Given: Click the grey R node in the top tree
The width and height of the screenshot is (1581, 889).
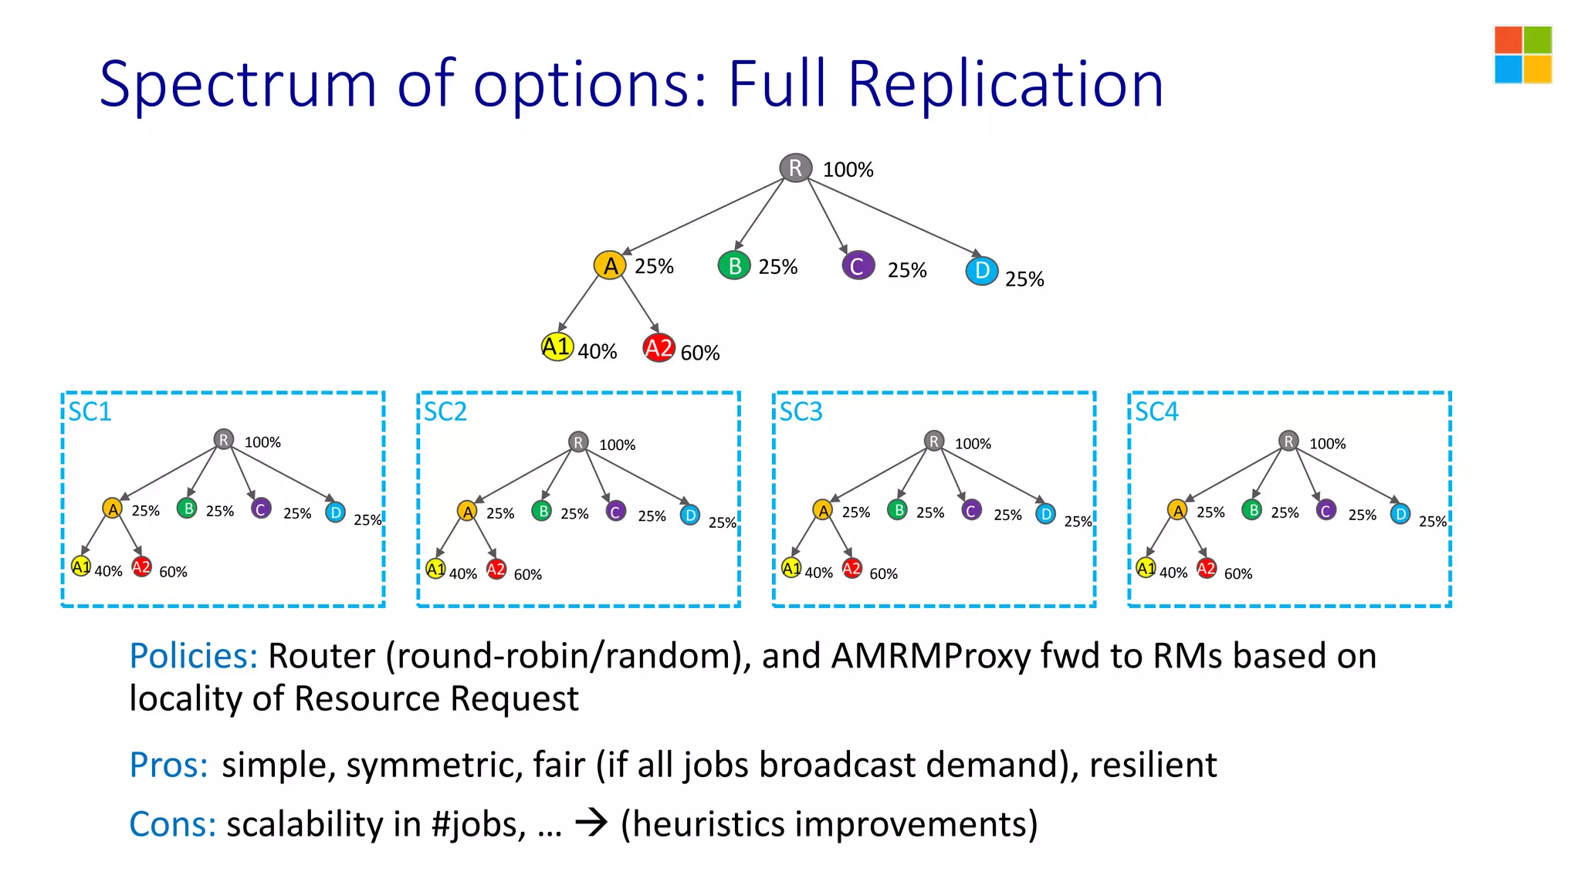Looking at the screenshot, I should click(795, 167).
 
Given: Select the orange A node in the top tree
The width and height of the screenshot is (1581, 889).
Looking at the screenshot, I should click(610, 265).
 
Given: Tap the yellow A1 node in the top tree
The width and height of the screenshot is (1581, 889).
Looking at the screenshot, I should click(557, 347).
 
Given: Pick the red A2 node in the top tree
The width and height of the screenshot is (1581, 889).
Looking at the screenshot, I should click(659, 348).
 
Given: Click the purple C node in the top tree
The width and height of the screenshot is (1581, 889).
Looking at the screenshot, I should click(858, 266).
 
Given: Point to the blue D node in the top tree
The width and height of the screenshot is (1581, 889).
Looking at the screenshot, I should click(982, 271).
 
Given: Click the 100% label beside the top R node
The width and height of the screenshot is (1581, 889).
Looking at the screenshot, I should click(848, 170).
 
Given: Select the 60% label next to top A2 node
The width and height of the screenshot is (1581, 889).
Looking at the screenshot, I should click(700, 353).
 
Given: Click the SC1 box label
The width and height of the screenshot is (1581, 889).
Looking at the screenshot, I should click(90, 412).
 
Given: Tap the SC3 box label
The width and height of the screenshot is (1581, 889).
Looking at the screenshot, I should click(801, 412).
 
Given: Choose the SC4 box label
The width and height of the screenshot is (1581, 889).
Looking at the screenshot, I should click(1156, 412).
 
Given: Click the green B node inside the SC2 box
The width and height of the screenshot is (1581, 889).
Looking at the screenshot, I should click(542, 511).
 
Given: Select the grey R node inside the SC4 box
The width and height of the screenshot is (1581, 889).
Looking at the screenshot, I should click(1288, 441).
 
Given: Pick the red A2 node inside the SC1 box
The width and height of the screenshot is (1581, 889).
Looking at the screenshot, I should click(141, 567).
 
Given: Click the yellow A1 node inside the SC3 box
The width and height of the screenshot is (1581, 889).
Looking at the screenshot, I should click(791, 569).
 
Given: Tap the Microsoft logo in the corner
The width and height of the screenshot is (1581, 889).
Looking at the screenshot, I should click(1522, 55).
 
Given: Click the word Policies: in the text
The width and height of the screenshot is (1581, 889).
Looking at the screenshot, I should click(193, 656).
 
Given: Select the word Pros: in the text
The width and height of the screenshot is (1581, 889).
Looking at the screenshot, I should click(168, 766).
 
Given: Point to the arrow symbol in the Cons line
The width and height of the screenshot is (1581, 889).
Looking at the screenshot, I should click(592, 823).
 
